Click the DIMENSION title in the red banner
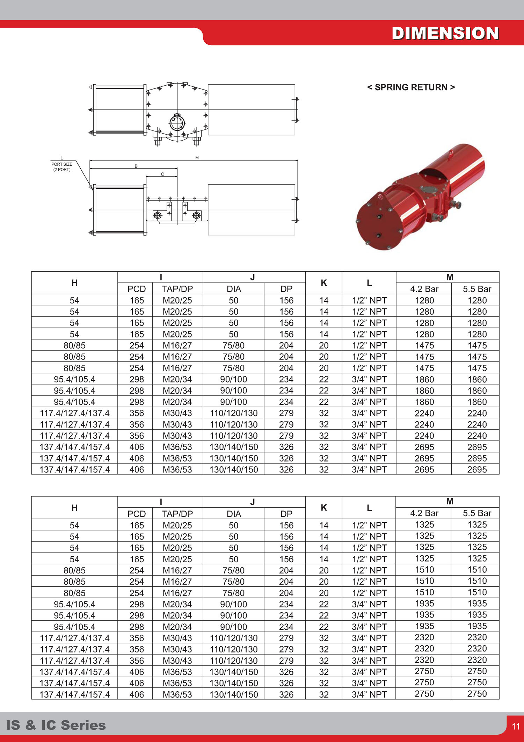[445, 33]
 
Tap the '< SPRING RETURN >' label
[411, 87]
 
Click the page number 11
[516, 726]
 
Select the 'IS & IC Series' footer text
[56, 725]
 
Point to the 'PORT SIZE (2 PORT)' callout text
[62, 167]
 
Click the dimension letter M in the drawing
[197, 158]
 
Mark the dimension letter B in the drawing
[136, 166]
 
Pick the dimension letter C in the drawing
[162, 174]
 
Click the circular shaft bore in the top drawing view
[177, 123]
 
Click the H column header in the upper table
[74, 283]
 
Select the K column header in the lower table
[324, 508]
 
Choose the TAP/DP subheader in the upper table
[177, 289]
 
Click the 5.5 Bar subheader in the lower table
[477, 513]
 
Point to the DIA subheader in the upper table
[234, 289]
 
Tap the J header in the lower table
[253, 502]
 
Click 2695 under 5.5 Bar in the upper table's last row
[477, 470]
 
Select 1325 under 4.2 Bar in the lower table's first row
[424, 525]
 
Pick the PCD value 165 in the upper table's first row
[137, 300]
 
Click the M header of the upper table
[450, 277]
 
